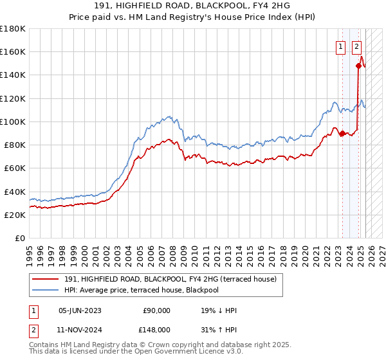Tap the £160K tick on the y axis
point(13,51)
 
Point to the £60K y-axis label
point(14,168)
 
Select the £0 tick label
point(21,238)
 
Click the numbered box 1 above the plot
point(339,46)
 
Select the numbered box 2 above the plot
point(356,46)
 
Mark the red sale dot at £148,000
point(358,66)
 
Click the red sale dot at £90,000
point(342,133)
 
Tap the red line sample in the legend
point(46,279)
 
